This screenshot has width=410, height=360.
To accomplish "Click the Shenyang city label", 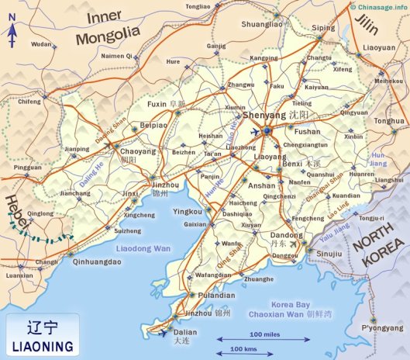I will coord(264,116).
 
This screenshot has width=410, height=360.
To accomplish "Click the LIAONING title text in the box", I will coord(43,344).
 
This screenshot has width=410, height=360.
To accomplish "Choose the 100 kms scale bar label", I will coord(246,350).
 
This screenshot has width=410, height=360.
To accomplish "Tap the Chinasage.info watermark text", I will coord(380,5).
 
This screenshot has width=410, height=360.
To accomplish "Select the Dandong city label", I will coord(286,235).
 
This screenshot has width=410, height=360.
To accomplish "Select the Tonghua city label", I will coord(389,121).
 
